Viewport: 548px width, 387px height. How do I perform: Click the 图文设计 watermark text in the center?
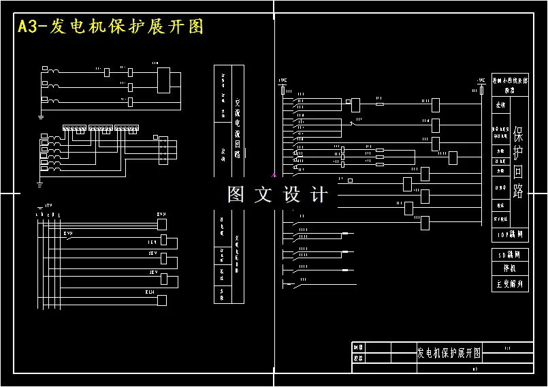click(x=277, y=195)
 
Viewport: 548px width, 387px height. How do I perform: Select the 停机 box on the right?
click(x=510, y=268)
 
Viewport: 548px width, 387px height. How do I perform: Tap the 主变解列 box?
click(x=510, y=283)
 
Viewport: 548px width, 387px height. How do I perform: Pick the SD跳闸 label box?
click(x=510, y=254)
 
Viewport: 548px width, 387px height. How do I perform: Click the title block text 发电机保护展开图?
click(x=449, y=353)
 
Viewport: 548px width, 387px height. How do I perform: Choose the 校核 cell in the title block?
click(x=358, y=358)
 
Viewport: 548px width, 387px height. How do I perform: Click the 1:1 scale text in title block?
click(x=507, y=348)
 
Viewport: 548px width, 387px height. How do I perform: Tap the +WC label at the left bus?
click(x=283, y=80)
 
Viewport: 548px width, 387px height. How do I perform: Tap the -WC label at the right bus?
click(x=481, y=80)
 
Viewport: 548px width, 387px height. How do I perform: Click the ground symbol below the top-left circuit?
click(x=41, y=116)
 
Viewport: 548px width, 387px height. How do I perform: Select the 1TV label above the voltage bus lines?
click(x=48, y=205)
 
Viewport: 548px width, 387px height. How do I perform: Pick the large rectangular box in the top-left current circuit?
click(x=164, y=80)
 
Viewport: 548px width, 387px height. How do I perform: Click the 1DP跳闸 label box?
click(x=510, y=235)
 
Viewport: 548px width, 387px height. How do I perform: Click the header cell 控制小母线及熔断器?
click(x=510, y=84)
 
